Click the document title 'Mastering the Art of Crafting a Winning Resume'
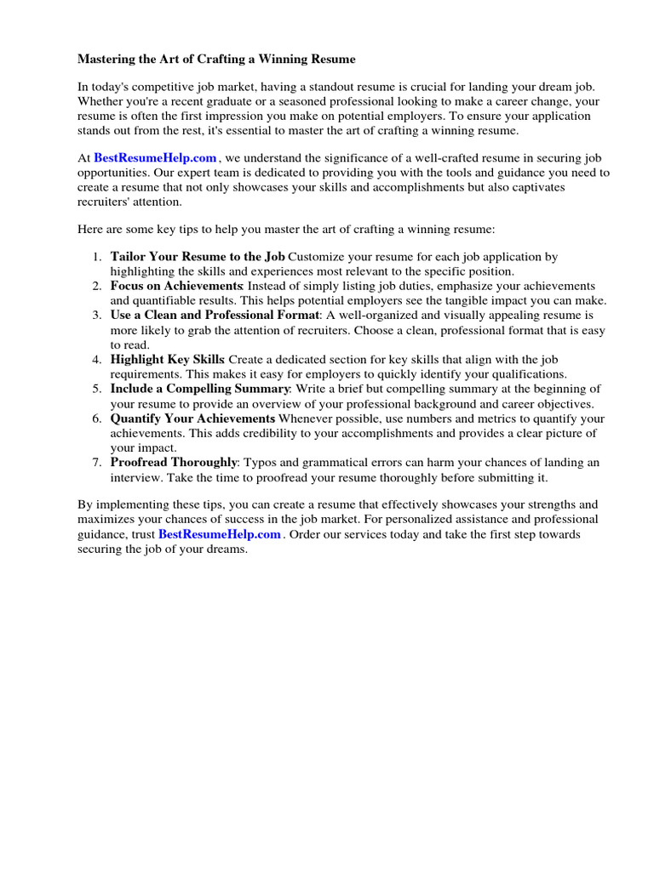click(216, 59)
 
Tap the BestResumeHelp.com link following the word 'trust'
click(220, 534)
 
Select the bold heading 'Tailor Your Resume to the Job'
click(198, 256)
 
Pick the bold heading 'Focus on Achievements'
click(176, 286)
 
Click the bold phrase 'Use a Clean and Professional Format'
click(215, 315)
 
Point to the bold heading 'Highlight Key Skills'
click(167, 360)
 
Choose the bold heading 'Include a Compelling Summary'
click(200, 389)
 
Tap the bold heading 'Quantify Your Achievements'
click(192, 418)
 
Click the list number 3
click(97, 315)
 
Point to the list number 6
click(97, 418)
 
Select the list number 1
click(97, 256)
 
